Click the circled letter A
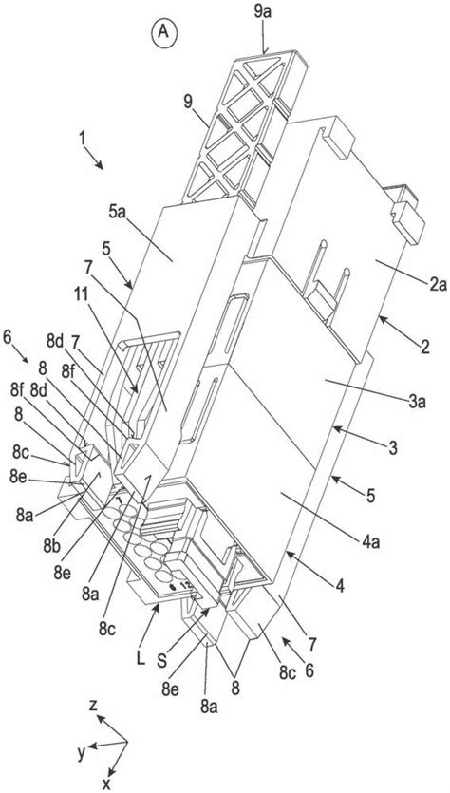coord(163,30)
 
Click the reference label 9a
coord(263,12)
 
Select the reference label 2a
coord(438,286)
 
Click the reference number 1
coord(82,137)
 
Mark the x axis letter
coord(106,784)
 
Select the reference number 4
coord(341,586)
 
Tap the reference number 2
coord(424,347)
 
